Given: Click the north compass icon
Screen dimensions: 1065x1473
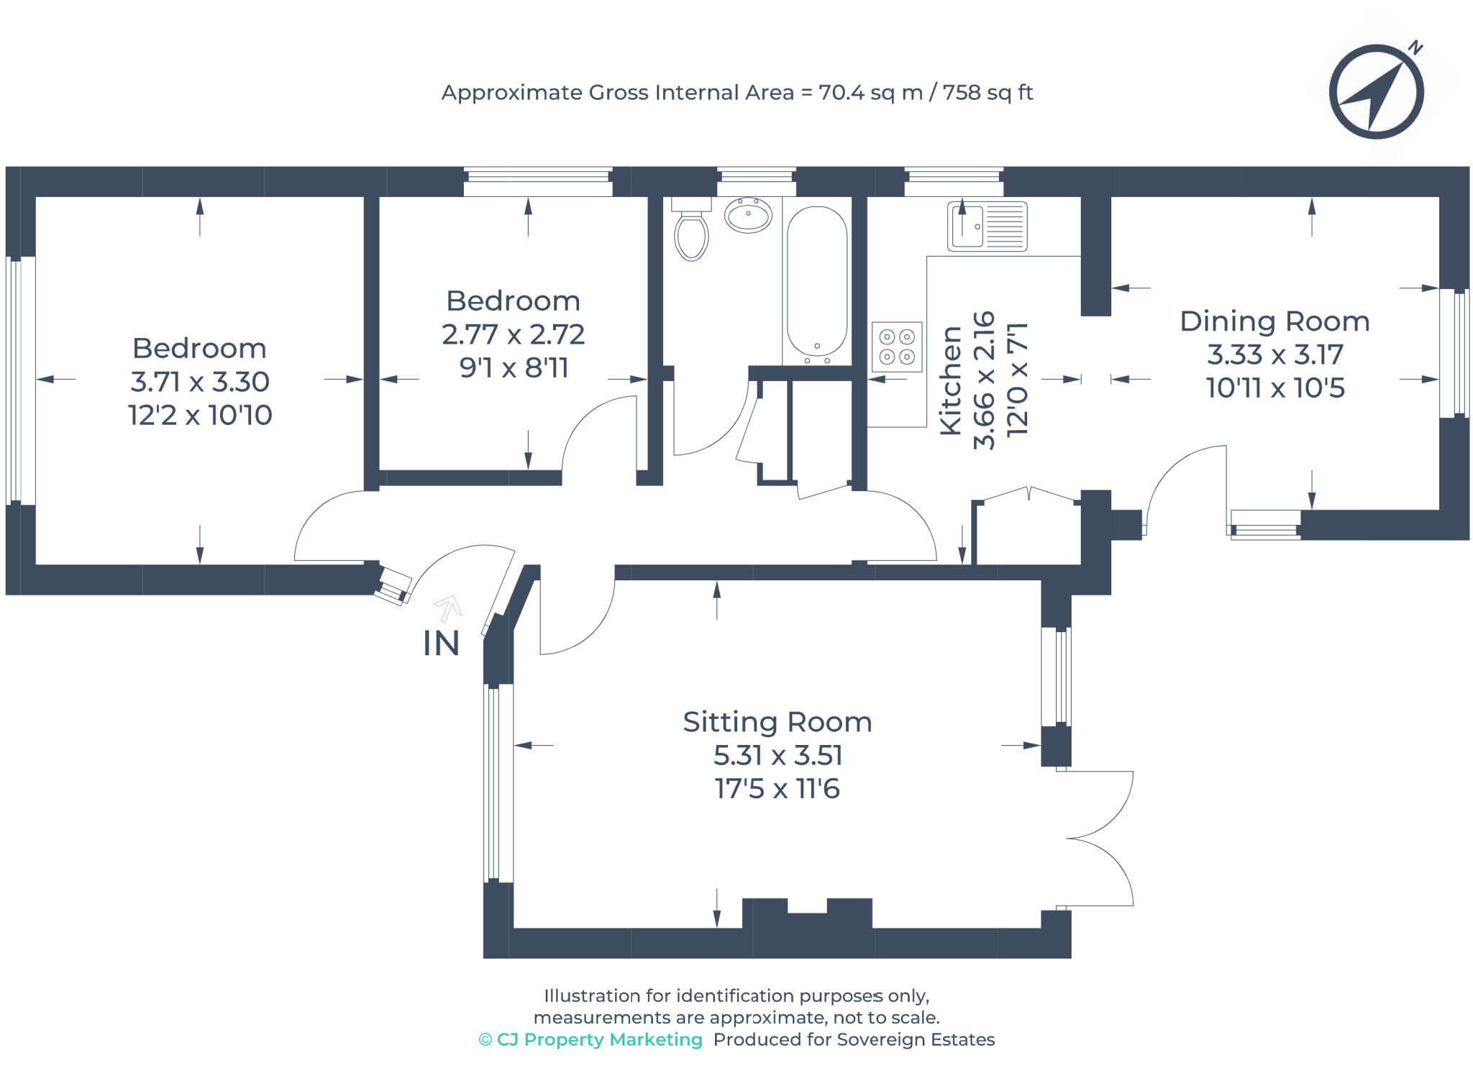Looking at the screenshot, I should pos(1375,92).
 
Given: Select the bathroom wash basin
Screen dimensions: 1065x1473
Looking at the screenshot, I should pos(748,214).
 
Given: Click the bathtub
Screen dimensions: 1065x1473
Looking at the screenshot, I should pos(816,282).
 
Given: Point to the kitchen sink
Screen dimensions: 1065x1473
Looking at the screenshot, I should pos(987,227).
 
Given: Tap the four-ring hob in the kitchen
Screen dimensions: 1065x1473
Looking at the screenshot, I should pos(897,347).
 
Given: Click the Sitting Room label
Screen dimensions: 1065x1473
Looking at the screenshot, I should pos(777,722).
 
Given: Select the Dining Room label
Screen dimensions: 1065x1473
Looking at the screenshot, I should pos(1274,321).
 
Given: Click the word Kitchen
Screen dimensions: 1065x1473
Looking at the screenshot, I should pos(951,380).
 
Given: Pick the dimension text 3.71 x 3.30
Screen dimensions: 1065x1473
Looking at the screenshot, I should pos(200,382).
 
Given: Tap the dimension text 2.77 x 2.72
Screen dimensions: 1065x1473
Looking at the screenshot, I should pos(513,334).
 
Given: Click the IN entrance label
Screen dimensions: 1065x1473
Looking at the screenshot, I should pos(441,644).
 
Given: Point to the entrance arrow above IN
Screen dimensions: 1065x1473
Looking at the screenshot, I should pos(448,608).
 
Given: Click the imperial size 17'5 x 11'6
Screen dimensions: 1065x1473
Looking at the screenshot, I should pos(777,789).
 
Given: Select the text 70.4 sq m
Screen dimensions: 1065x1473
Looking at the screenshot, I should pos(870,93).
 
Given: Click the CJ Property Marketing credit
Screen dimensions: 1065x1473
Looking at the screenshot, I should pos(590,1039).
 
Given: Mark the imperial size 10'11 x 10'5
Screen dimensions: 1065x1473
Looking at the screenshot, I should pos(1274,388).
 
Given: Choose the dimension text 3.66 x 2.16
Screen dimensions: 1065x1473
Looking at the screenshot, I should pos(984,380).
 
